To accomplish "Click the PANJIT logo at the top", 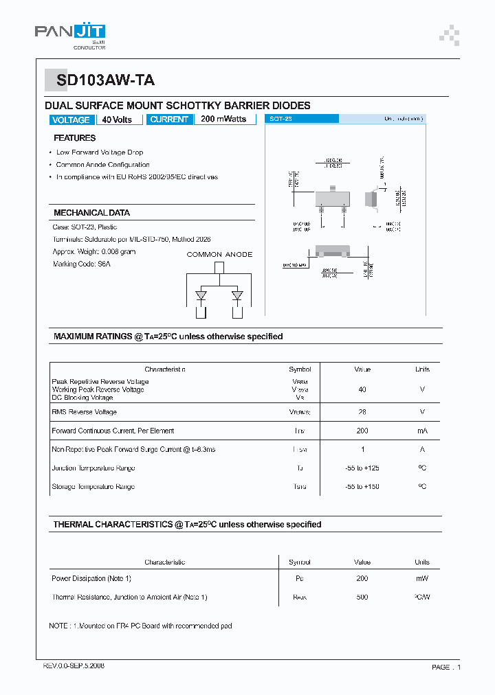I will (x=70, y=34).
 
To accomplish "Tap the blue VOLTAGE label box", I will (x=71, y=119).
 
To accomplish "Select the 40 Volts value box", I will (x=117, y=119).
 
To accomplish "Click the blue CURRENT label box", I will (x=169, y=119).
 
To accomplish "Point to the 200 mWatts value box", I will (x=223, y=119).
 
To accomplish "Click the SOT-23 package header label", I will (x=280, y=119).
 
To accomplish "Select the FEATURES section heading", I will (x=74, y=138).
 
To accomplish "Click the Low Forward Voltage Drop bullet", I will (x=99, y=152).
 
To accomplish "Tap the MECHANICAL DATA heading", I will (x=91, y=213).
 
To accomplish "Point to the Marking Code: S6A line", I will (x=81, y=264).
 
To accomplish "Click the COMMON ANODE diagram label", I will (x=219, y=255).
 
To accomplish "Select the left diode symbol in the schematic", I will (x=201, y=296).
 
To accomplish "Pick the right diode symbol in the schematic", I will (x=237, y=296).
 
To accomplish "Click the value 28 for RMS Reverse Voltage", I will (x=362, y=412).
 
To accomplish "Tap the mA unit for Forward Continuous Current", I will (x=422, y=431).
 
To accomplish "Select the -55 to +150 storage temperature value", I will (x=362, y=487).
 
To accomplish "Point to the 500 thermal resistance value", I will (x=362, y=597).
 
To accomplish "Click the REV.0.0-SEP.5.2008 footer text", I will (x=74, y=666).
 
